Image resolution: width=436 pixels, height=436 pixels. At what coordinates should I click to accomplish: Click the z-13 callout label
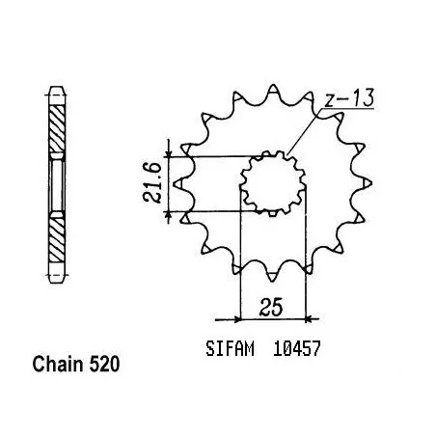pos(349,97)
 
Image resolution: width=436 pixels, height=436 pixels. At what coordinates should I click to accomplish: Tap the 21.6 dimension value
pos(151,182)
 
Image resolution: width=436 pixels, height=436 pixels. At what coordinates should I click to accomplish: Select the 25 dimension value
pos(272,307)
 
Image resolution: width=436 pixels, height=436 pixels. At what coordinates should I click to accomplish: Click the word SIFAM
pos(230,349)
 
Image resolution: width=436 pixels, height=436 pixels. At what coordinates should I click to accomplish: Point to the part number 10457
pos(297,349)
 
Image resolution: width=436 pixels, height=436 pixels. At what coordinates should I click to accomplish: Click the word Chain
pos(58,365)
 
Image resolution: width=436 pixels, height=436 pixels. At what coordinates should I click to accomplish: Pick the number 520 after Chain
pos(104,365)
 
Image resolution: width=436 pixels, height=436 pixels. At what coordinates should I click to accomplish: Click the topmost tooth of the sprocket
pos(273,89)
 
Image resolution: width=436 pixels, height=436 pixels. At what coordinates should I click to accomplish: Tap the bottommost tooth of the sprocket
pos(272,277)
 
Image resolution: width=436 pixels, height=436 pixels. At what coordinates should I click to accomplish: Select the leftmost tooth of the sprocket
pos(177,183)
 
